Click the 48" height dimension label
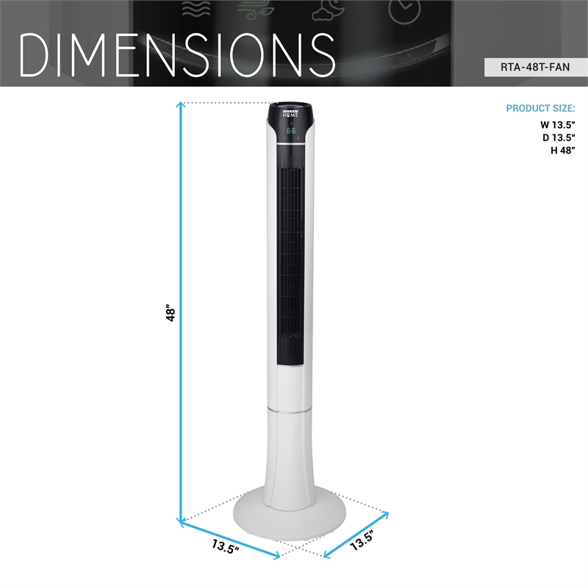(171, 315)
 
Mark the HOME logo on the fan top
(292, 115)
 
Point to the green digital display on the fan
(292, 131)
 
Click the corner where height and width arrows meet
(179, 521)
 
